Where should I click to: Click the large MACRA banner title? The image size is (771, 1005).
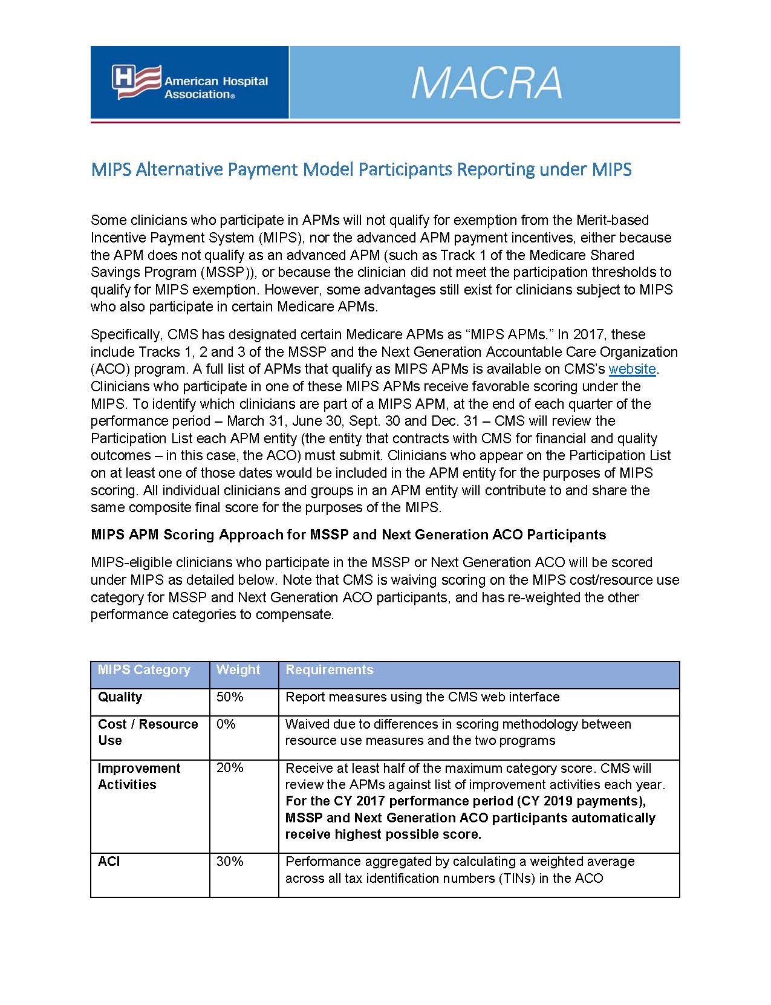coord(486,83)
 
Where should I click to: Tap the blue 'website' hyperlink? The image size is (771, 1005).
coord(632,369)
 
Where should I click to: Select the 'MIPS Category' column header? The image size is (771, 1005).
coord(144,670)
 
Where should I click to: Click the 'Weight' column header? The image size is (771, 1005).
coord(238,670)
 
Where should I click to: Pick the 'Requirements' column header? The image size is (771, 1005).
coord(329,670)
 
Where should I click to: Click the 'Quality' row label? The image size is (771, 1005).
coord(120,697)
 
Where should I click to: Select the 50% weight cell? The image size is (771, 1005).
coord(230,697)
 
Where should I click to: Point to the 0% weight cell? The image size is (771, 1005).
coord(226,724)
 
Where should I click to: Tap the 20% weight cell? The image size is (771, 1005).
coord(230,768)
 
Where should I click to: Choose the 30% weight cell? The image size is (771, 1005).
coord(230,862)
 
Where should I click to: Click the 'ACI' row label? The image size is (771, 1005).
coord(109,862)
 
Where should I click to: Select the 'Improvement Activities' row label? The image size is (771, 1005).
coord(138,776)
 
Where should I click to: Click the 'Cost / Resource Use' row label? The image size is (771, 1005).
coord(148,732)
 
